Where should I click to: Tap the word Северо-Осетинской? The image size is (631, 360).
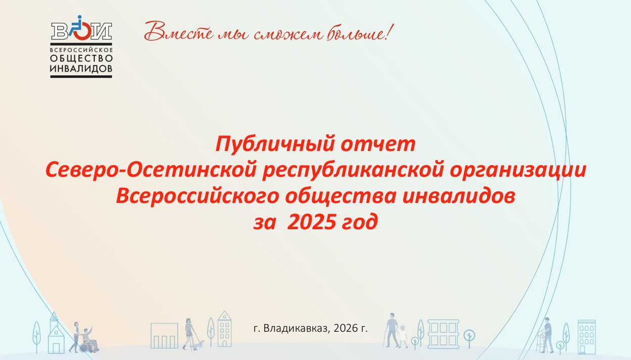tap(151, 170)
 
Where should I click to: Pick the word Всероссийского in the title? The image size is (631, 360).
tap(198, 196)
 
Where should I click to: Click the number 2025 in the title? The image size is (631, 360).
tap(312, 222)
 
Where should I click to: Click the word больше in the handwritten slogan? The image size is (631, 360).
tap(357, 32)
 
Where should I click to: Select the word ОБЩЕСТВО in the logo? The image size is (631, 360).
tap(81, 59)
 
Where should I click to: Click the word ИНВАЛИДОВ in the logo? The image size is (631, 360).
tap(81, 69)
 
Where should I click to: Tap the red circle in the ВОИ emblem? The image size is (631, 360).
tap(82, 31)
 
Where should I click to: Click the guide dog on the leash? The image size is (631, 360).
tap(198, 345)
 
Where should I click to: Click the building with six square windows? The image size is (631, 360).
tap(443, 334)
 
